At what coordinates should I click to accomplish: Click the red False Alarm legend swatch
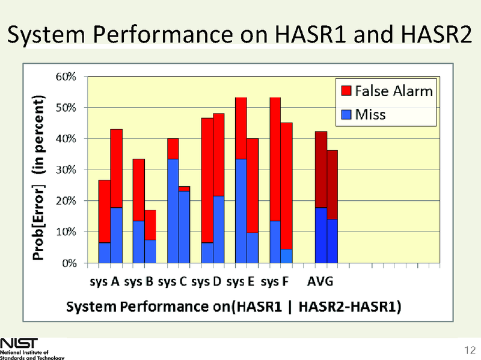pos(346,91)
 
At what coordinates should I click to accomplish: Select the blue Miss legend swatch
pos(346,114)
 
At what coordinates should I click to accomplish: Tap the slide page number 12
pos(470,350)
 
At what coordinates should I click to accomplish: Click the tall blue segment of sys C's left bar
pos(173,210)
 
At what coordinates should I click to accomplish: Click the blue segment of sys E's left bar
pos(241,210)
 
